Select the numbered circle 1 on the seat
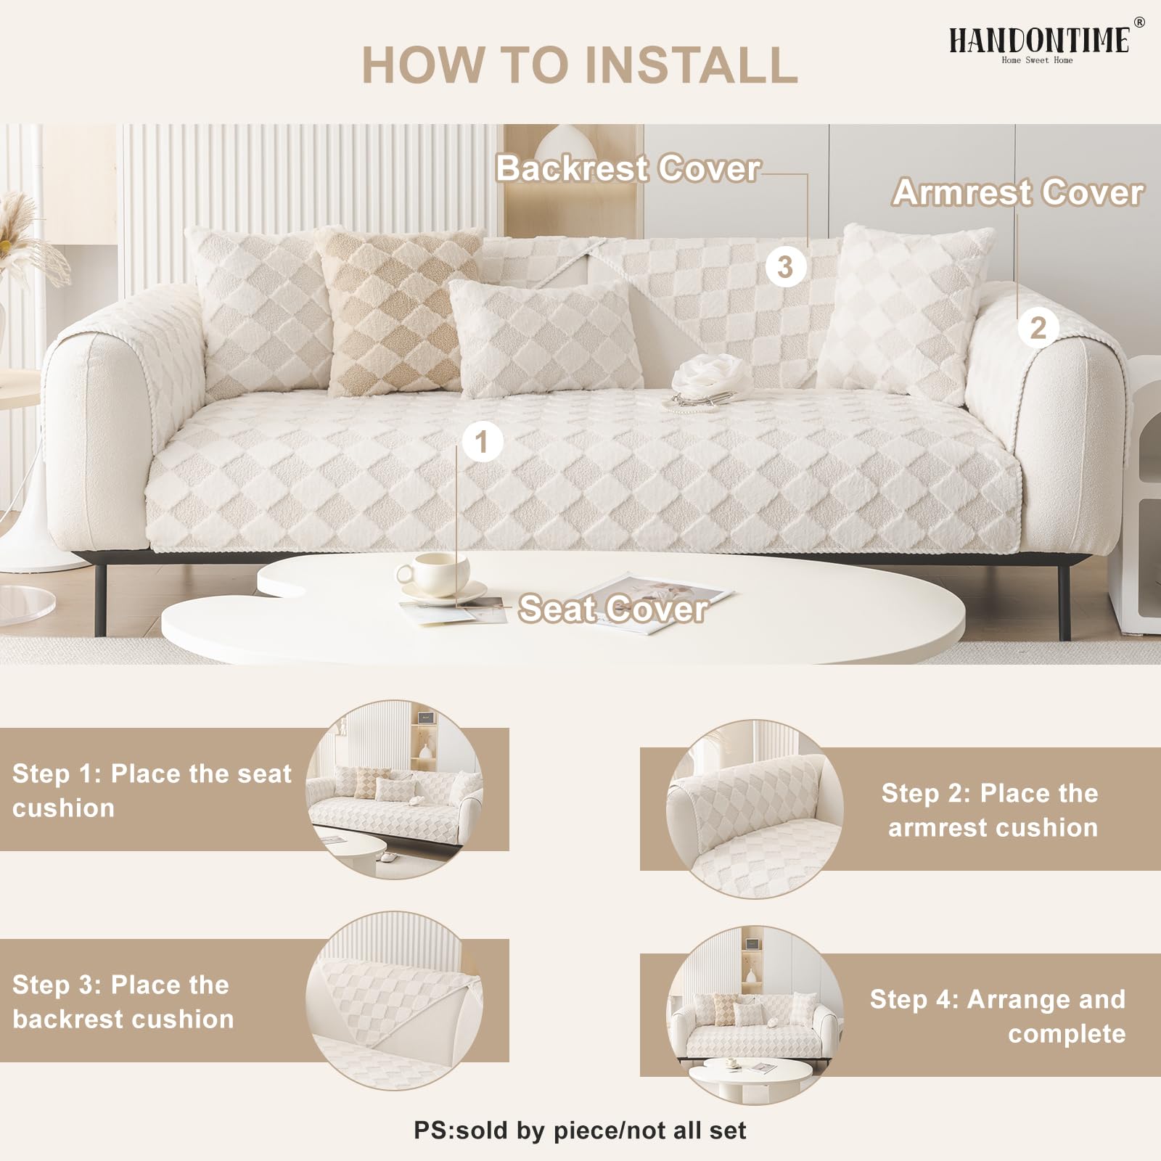tap(482, 441)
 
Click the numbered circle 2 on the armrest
tap(1038, 328)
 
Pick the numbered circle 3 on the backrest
tap(785, 266)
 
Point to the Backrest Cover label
tap(628, 168)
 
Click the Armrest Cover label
tap(1017, 192)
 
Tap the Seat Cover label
tap(613, 608)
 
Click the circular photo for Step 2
tap(755, 809)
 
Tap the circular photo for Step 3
tap(394, 1001)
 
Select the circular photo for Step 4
tap(755, 1014)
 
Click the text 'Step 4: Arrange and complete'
tap(998, 1016)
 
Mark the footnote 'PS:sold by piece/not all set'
tap(580, 1131)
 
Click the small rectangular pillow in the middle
tap(546, 337)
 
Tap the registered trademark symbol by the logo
tap(1139, 22)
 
